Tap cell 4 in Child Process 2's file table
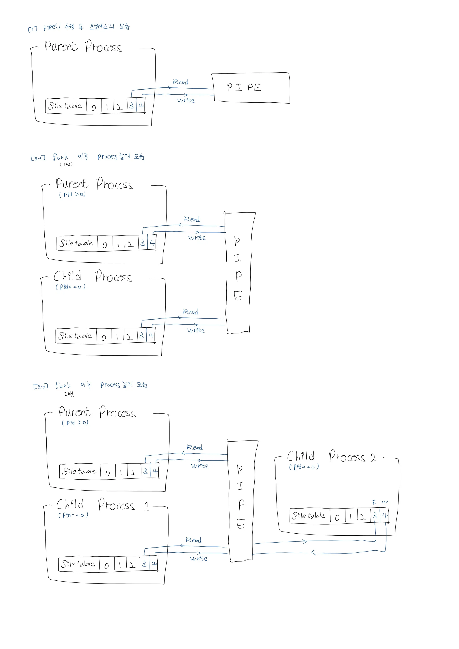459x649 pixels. [385, 515]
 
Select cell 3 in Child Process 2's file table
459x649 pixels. [375, 515]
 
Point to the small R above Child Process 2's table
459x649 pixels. [374, 502]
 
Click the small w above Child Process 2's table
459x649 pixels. [384, 502]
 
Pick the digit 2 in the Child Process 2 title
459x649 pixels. [373, 457]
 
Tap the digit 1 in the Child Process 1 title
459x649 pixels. [147, 506]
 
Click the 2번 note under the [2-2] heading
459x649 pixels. [69, 394]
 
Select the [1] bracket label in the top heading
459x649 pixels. [32, 29]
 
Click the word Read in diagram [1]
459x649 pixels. [181, 82]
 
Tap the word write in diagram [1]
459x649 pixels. [186, 100]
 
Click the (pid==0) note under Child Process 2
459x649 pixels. [304, 467]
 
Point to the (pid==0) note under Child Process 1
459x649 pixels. [73, 515]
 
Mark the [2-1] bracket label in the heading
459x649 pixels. [38, 158]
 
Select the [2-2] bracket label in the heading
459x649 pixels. [40, 386]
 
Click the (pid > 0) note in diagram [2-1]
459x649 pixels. [72, 195]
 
